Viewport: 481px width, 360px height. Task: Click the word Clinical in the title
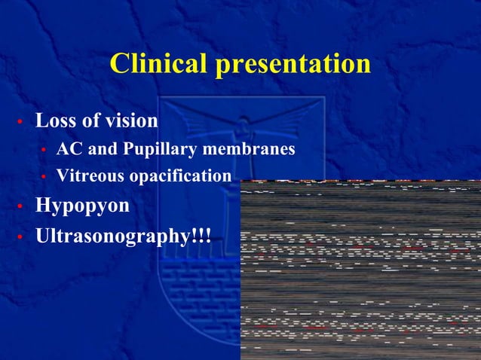click(x=159, y=64)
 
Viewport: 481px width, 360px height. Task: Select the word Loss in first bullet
click(x=55, y=121)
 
